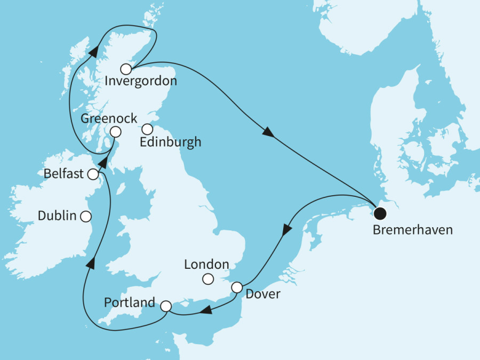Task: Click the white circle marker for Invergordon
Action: point(126,69)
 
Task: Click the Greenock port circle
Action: point(115,132)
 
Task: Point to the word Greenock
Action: point(109,118)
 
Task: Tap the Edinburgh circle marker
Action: point(147,129)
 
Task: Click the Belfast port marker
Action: point(93,174)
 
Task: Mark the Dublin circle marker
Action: point(85,216)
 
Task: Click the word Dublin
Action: point(57,216)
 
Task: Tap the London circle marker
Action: point(209,278)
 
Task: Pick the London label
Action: point(206,264)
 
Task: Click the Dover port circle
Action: point(237,287)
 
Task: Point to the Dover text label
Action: point(263,294)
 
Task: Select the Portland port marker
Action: point(166,306)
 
